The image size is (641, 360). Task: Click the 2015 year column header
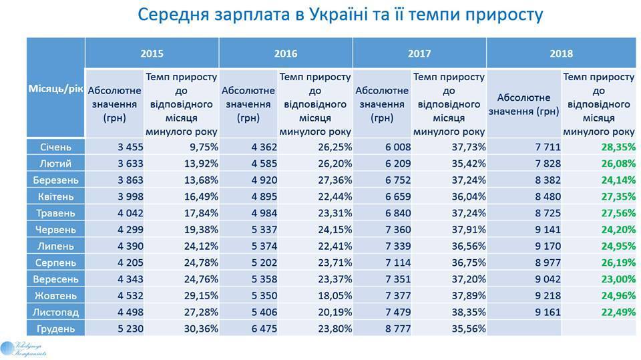tap(152, 53)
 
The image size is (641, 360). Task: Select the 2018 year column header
tap(562, 53)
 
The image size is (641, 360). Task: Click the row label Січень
tap(55, 147)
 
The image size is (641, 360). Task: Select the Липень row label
tap(55, 245)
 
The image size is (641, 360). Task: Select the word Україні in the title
tap(343, 14)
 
